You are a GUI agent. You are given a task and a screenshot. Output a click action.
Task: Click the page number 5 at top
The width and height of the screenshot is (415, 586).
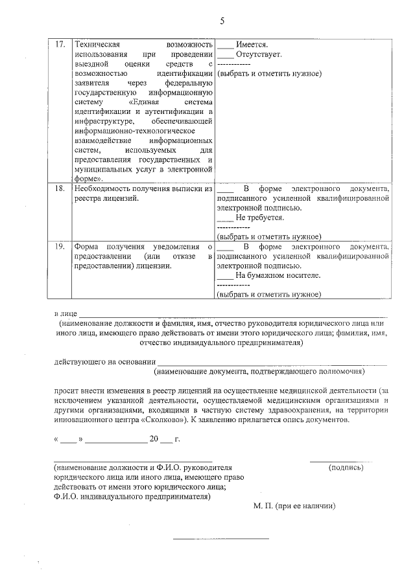coord(222,21)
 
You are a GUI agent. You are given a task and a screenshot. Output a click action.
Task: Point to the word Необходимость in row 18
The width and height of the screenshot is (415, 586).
coord(106,189)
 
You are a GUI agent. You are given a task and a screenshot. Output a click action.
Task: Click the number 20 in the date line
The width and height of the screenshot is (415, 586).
coord(154,439)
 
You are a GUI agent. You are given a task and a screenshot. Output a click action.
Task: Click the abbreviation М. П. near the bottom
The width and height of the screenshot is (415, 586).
coord(264,505)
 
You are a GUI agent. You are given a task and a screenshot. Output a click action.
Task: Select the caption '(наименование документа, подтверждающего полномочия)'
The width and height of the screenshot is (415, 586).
coord(259,372)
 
